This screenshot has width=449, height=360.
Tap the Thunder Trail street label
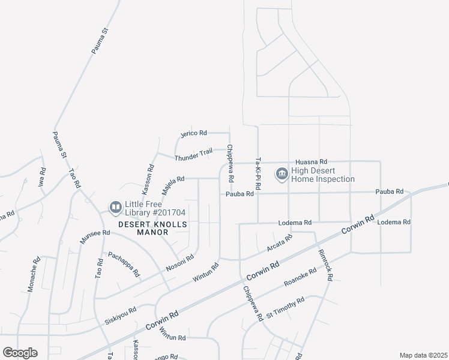193,155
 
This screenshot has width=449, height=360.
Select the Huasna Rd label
311,162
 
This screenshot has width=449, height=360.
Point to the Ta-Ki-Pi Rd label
258,172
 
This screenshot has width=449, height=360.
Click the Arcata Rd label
279,243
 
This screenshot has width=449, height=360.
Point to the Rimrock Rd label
325,265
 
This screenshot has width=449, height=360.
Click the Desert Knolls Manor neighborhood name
152,228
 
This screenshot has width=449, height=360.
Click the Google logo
20,353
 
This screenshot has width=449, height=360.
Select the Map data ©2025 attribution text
423,355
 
